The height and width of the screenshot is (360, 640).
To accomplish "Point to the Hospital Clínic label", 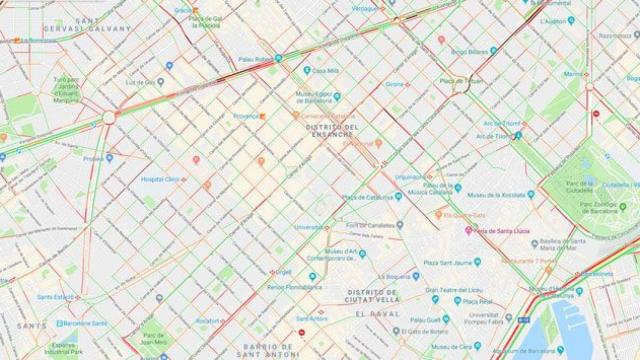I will (163, 179).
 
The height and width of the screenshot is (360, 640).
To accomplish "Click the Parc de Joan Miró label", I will (152, 340).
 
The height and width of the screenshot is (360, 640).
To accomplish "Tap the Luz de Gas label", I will (145, 81).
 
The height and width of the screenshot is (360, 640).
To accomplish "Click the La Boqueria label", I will (403, 276).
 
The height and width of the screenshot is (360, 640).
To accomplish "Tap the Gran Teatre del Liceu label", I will (459, 291).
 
